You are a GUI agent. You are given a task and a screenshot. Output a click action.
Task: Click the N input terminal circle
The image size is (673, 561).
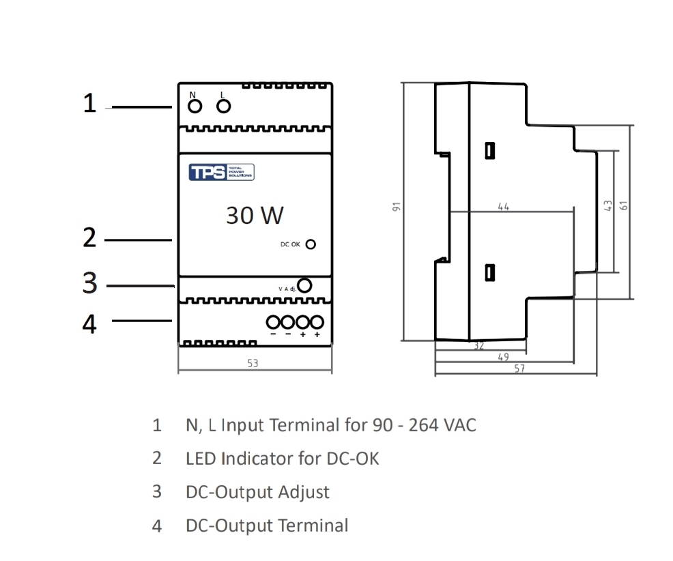tap(195, 106)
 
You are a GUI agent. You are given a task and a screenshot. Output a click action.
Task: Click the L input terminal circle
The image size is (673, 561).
tap(223, 106)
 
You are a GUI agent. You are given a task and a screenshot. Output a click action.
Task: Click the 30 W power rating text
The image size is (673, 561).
tap(255, 216)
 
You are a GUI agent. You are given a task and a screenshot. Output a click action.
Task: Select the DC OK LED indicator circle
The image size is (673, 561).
tap(311, 244)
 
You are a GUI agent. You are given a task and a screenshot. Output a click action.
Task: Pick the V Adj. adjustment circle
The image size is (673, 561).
tap(304, 286)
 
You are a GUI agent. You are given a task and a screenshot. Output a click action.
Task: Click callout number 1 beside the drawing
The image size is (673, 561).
tap(89, 103)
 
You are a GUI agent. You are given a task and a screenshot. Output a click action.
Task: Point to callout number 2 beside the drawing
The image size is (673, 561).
tap(89, 238)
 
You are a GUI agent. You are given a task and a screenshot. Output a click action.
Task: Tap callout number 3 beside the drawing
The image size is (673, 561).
tap(89, 283)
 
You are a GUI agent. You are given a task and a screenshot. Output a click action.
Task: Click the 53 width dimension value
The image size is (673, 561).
tap(253, 364)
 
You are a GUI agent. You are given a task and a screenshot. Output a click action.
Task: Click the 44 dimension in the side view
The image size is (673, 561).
tap(503, 206)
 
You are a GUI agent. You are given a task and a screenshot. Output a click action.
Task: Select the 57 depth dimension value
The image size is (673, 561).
tap(519, 369)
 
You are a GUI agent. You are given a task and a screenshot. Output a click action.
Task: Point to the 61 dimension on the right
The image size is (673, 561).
tap(622, 205)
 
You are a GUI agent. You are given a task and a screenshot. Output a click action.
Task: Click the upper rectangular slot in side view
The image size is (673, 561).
tap(489, 151)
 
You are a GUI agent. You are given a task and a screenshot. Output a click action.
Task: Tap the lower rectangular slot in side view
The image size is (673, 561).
tap(489, 272)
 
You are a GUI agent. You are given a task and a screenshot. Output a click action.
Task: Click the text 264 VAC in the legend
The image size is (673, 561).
tap(442, 425)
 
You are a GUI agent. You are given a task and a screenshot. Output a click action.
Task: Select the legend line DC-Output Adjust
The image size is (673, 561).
tap(257, 491)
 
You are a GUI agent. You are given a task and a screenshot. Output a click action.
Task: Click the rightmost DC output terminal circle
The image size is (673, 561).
tap(317, 321)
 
